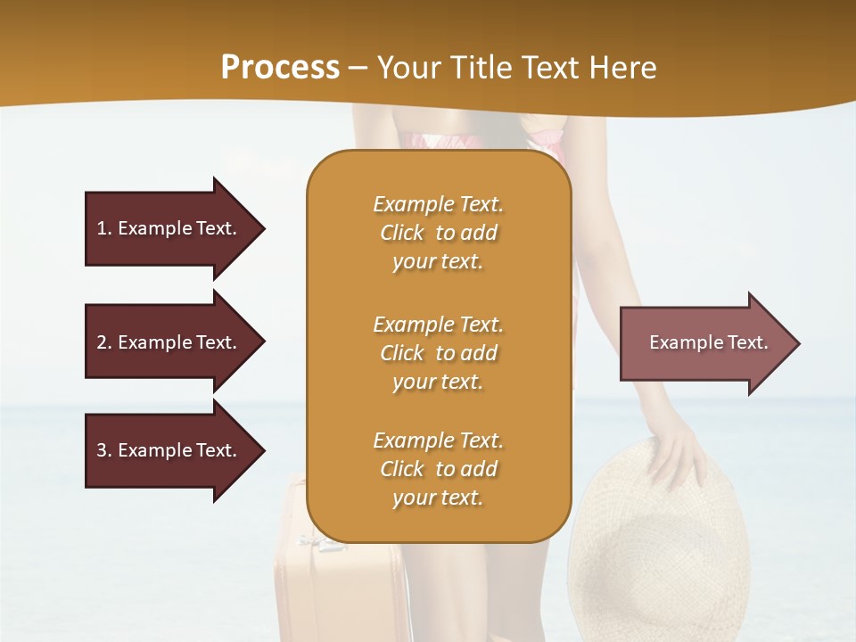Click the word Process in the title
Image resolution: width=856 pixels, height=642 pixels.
pyautogui.click(x=280, y=68)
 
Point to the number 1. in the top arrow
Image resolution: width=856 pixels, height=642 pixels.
pyautogui.click(x=104, y=228)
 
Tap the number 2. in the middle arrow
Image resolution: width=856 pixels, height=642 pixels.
pyautogui.click(x=104, y=342)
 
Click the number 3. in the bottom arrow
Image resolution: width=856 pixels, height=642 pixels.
pyautogui.click(x=104, y=450)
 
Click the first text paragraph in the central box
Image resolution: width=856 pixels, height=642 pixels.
pyautogui.click(x=438, y=233)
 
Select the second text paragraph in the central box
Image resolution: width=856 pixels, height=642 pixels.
pyautogui.click(x=438, y=353)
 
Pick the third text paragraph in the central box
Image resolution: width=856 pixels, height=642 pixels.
pyautogui.click(x=438, y=469)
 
